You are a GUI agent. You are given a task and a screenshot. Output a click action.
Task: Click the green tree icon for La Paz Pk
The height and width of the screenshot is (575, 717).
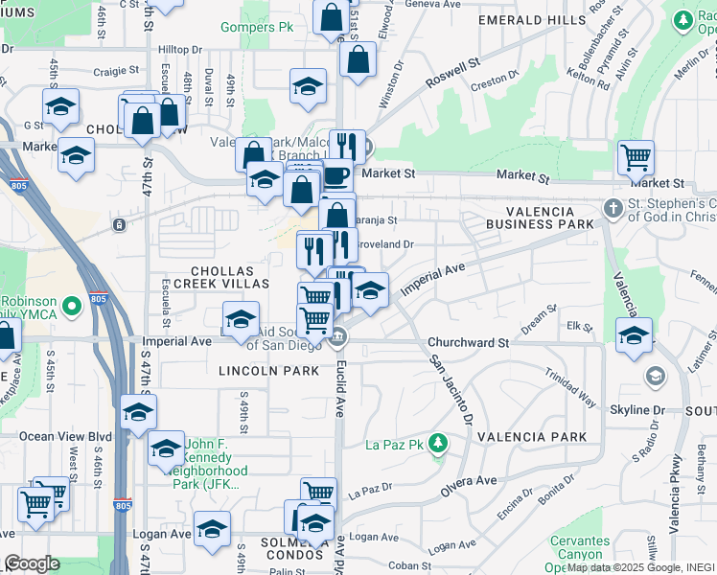tap(438, 443)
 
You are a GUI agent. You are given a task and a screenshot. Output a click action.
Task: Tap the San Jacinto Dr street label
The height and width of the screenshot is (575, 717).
tap(451, 391)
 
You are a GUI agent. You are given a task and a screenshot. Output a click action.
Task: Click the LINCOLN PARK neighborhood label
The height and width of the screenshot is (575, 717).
tap(268, 370)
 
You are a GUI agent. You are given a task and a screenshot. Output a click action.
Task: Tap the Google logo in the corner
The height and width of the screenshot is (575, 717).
tap(32, 563)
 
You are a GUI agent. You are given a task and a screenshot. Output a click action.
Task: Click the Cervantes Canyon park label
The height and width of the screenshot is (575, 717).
tap(580, 548)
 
